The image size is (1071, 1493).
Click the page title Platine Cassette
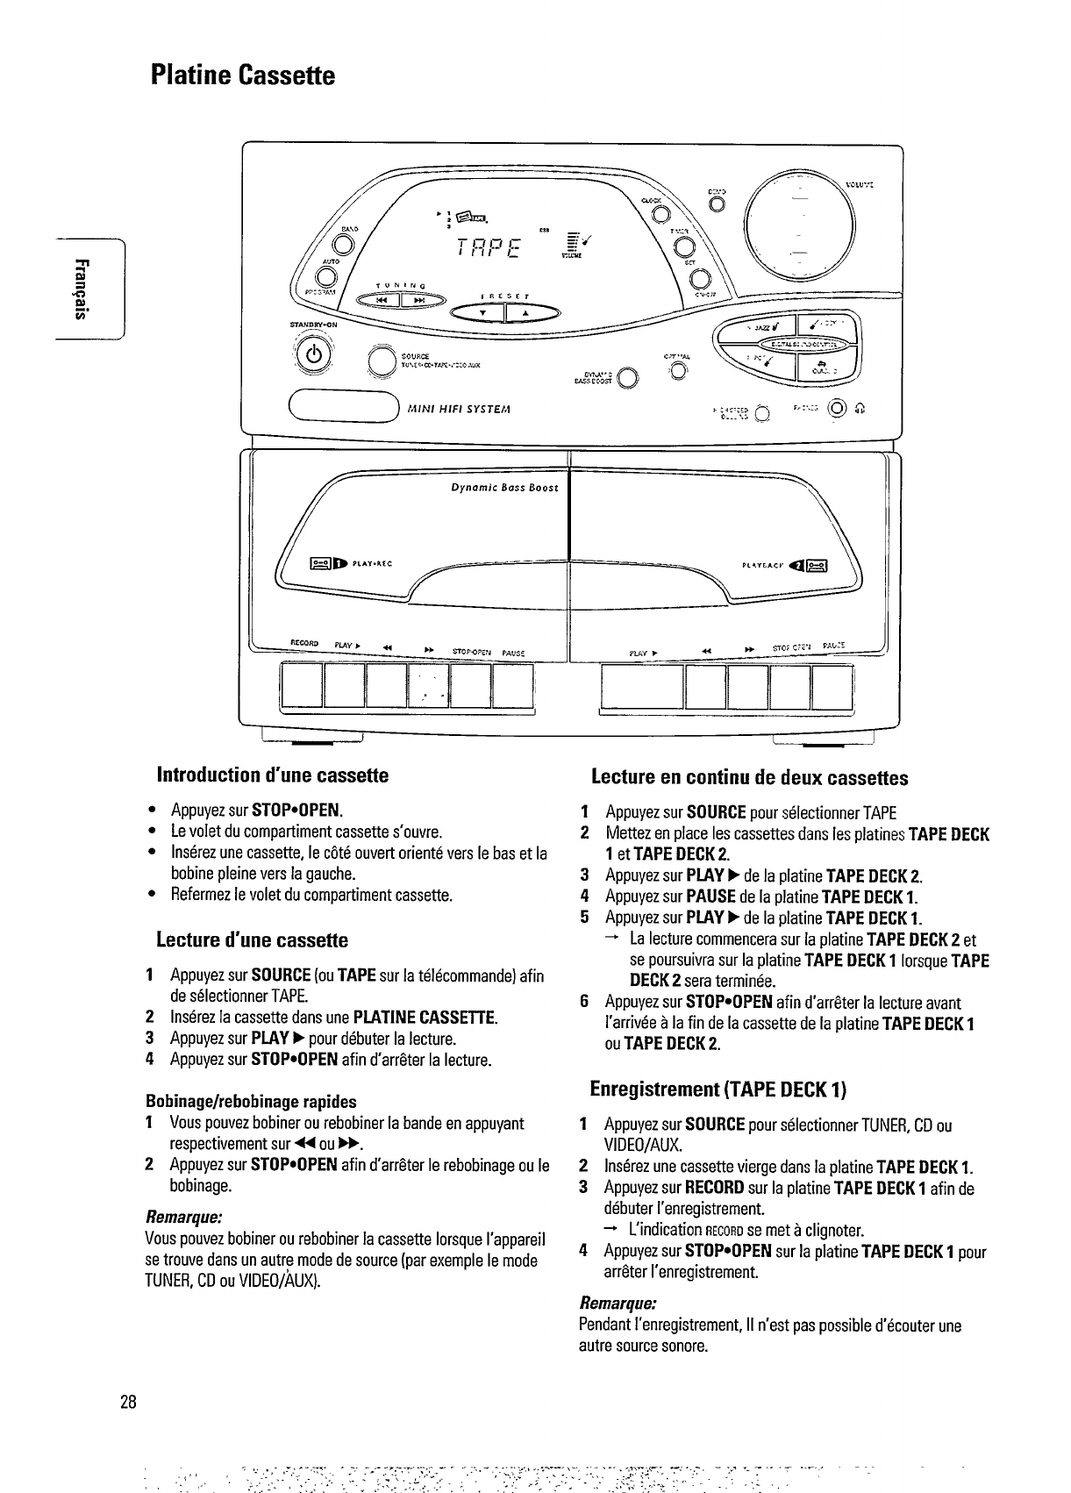pyautogui.click(x=242, y=75)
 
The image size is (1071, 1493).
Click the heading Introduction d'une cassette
pyautogui.click(x=272, y=775)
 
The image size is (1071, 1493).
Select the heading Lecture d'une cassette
pyautogui.click(x=252, y=940)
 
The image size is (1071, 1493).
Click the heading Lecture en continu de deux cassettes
pyautogui.click(x=749, y=777)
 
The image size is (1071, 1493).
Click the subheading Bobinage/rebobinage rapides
pyautogui.click(x=250, y=1101)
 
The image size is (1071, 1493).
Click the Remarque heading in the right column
pyautogui.click(x=618, y=1301)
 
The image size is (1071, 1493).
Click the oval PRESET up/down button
pyautogui.click(x=507, y=312)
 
